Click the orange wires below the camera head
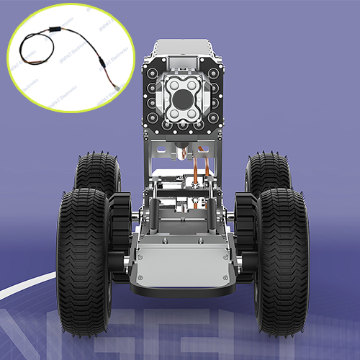click(202, 173)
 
